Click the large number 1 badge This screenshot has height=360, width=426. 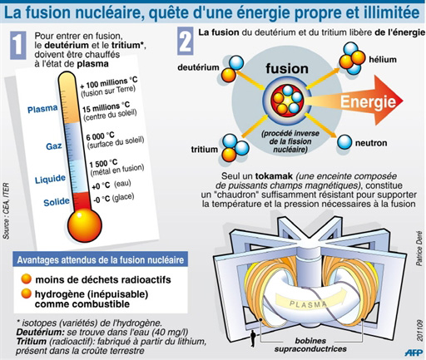tap(18, 45)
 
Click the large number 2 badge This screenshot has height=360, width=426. tap(186, 41)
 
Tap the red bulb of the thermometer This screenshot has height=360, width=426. tap(84, 225)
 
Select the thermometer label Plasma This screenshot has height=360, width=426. tap(42, 109)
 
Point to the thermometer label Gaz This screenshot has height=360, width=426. tap(54, 145)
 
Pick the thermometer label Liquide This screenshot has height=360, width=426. tap(50, 180)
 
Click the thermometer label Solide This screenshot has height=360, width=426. tap(57, 202)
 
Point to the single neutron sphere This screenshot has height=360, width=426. tap(344, 142)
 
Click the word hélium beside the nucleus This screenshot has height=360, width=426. tap(383, 59)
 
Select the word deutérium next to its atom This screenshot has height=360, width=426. tap(198, 67)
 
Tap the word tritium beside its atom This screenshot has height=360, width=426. tap(205, 150)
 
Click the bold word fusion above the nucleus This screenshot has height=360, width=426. tap(287, 69)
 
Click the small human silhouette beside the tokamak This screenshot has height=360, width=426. tap(253, 338)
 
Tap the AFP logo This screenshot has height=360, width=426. tap(414, 353)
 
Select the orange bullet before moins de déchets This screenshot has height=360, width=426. tap(27, 279)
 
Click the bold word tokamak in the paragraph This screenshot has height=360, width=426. tap(274, 176)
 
